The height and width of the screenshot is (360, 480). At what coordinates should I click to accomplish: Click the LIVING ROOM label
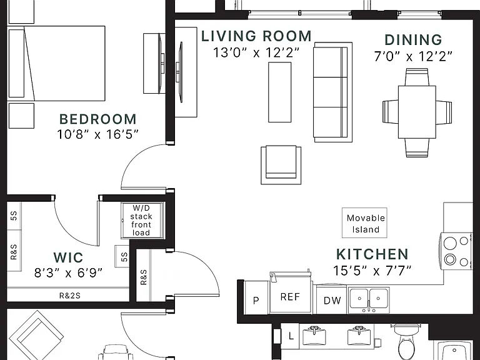[256, 36]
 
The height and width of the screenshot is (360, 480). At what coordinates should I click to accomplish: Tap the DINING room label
[413, 40]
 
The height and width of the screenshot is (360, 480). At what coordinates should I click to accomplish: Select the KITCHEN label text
[372, 254]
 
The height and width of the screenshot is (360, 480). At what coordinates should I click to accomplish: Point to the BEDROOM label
[97, 119]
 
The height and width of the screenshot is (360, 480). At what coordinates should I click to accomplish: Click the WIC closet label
[68, 257]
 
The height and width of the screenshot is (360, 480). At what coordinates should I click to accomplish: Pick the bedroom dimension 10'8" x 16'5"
[97, 134]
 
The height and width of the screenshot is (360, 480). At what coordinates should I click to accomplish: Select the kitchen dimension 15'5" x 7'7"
[372, 270]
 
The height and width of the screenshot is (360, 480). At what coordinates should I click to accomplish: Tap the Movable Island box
[364, 223]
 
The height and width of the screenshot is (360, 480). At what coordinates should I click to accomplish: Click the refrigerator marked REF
[290, 296]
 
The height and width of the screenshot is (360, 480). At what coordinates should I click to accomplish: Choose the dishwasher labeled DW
[332, 300]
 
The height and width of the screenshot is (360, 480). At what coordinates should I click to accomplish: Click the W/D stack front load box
[141, 220]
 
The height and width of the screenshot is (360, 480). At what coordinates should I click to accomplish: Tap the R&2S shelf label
[69, 296]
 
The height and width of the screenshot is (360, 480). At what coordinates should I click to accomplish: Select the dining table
[417, 112]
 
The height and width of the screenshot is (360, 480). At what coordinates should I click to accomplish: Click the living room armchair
[281, 165]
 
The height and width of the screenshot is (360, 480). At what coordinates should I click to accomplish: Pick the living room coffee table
[280, 92]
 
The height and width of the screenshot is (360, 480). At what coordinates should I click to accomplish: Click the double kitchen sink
[369, 300]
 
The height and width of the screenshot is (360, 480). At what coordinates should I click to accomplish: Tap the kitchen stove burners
[456, 252]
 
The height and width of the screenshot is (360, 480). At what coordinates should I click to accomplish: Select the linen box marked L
[291, 336]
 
